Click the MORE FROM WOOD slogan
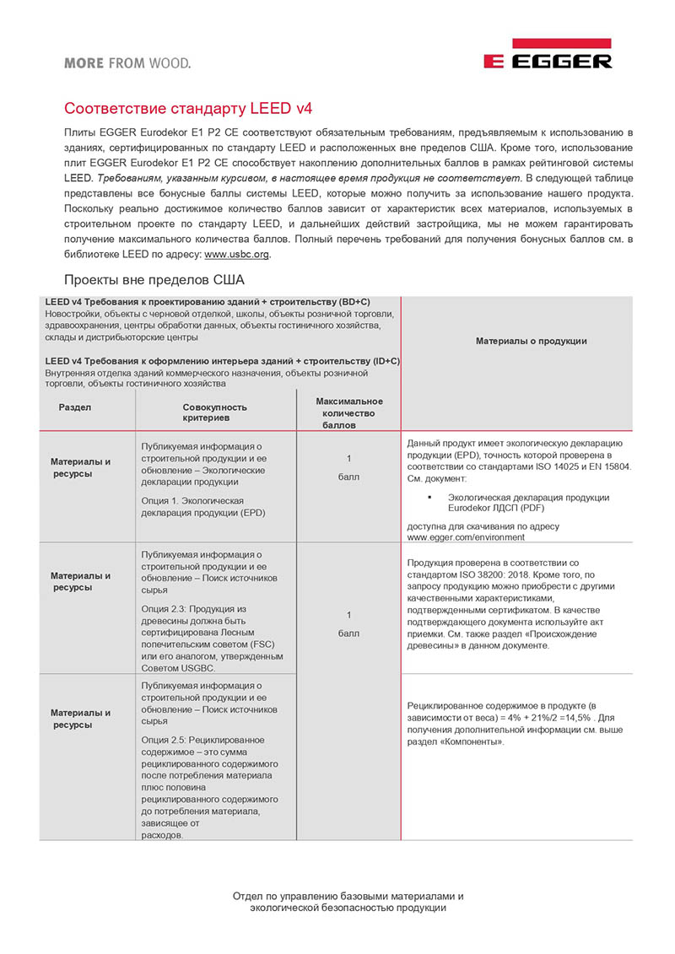point(127,62)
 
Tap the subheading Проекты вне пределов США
point(154,280)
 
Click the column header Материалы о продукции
point(531,342)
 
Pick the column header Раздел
point(75,407)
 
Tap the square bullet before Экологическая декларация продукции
point(429,498)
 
